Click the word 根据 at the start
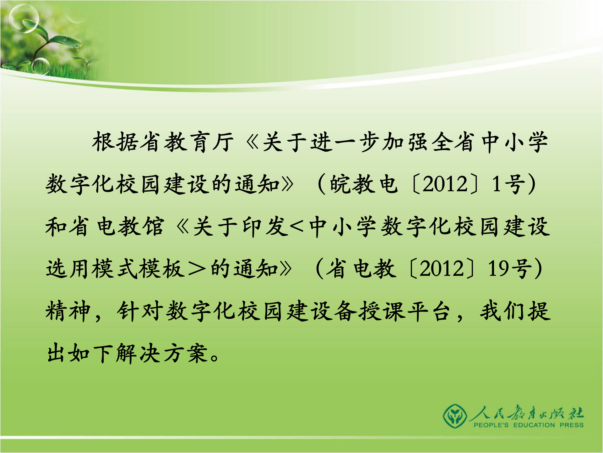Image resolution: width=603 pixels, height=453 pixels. tap(115, 142)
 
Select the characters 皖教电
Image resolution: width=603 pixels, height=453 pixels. tap(364, 184)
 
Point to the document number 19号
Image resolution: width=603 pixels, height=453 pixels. tap(510, 269)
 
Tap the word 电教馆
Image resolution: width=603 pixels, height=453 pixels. tap(131, 226)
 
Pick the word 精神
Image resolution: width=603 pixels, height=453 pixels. tap(68, 311)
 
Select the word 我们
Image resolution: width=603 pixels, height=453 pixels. tap(503, 311)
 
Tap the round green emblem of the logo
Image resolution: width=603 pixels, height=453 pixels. tap(454, 416)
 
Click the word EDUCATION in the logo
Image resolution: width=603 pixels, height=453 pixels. tap(534, 425)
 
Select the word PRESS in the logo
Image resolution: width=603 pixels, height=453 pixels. tap(572, 425)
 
